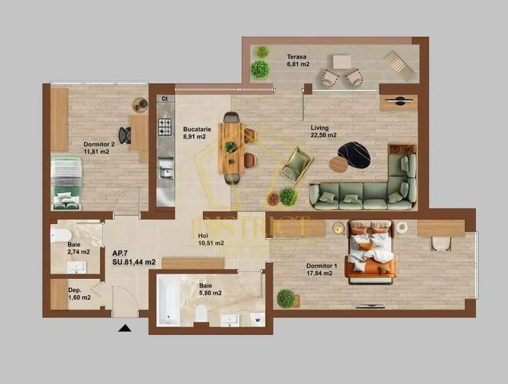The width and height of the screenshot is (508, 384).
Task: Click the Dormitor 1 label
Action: coord(319,269)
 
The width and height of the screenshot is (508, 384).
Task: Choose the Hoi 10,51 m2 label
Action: coord(202,238)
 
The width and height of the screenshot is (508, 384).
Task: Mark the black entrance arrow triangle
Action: coord(124,328)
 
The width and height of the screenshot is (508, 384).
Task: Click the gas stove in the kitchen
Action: coord(165,126)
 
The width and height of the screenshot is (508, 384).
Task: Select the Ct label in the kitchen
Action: coord(163,99)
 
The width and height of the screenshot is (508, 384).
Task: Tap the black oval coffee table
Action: coord(354,155)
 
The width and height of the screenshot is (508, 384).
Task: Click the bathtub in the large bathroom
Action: coord(168,299)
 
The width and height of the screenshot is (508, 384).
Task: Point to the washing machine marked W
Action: coord(257,318)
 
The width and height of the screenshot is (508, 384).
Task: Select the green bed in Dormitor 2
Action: coord(66,182)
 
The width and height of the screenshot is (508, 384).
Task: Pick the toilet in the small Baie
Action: coord(59,236)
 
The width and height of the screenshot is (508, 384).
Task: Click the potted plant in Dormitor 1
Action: coord(287,299)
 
